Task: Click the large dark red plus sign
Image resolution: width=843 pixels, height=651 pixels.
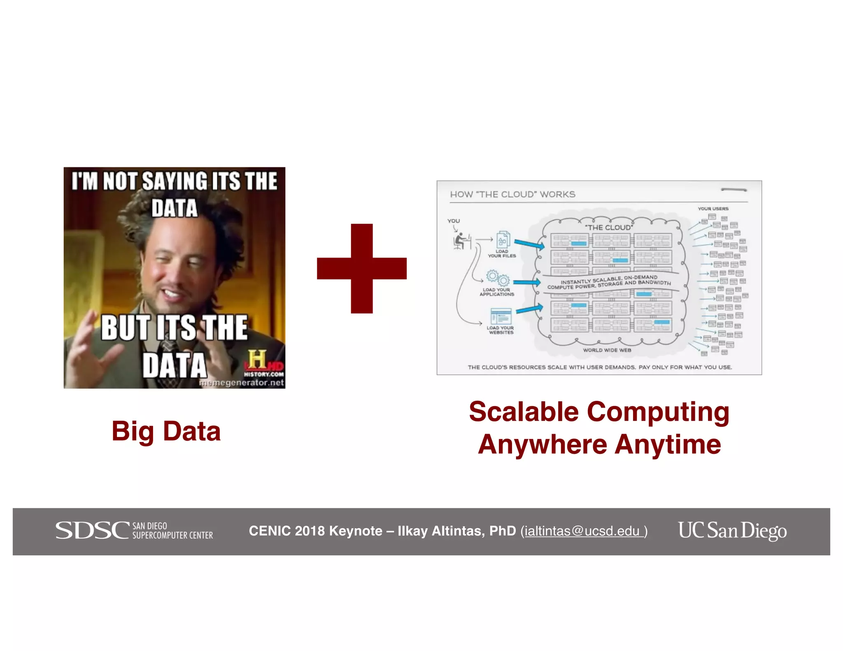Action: (x=361, y=268)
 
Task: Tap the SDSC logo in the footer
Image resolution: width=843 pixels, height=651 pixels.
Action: (x=134, y=530)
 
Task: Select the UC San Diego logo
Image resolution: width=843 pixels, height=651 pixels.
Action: (x=732, y=530)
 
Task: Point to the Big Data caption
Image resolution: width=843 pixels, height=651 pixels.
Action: (x=166, y=431)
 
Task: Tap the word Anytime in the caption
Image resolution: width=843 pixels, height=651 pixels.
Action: (x=668, y=444)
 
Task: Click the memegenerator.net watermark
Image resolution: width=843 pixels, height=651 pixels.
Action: (x=242, y=383)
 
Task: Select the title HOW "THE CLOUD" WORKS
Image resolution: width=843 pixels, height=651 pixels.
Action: (x=512, y=194)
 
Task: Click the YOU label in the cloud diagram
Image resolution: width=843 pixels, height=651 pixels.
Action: (x=453, y=221)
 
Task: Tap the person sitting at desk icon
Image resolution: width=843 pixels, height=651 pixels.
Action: (x=461, y=241)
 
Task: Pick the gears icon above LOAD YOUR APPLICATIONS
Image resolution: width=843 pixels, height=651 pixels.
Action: (x=498, y=278)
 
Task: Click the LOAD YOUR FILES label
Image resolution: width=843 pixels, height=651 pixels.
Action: (x=502, y=253)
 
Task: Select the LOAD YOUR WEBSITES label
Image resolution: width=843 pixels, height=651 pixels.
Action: (x=501, y=330)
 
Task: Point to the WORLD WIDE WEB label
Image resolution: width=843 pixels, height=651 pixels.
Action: (x=607, y=350)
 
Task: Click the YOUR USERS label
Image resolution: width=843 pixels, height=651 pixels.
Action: (x=713, y=209)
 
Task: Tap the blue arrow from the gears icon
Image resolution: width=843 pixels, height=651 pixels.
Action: (x=526, y=282)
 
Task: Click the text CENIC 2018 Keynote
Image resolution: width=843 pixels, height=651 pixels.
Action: (x=315, y=531)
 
